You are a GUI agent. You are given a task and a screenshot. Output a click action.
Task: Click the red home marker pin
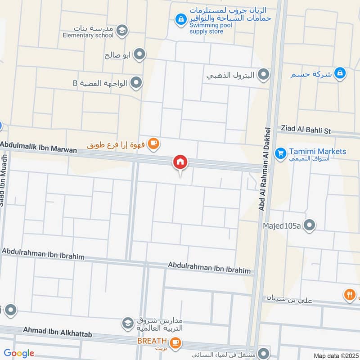click(x=180, y=162)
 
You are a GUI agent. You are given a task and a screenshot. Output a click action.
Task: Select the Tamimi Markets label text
click(x=317, y=151)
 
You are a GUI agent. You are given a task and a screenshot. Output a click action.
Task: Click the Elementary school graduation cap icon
click(x=121, y=31)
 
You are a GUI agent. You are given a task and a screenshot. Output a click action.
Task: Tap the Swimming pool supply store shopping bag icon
click(x=180, y=19)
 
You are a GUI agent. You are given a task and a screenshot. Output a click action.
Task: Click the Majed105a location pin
click(x=309, y=225)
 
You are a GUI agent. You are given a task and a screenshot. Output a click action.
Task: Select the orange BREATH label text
click(x=152, y=341)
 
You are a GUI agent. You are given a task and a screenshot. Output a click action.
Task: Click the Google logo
click(x=19, y=353)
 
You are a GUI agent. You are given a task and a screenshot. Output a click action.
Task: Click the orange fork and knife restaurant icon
click(x=350, y=295)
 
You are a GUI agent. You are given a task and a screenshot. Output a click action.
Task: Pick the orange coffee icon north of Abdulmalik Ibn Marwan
click(x=153, y=144)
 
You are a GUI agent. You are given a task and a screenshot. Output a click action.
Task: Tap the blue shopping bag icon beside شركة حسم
click(x=340, y=72)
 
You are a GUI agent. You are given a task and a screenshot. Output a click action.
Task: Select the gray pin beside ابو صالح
click(x=140, y=55)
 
